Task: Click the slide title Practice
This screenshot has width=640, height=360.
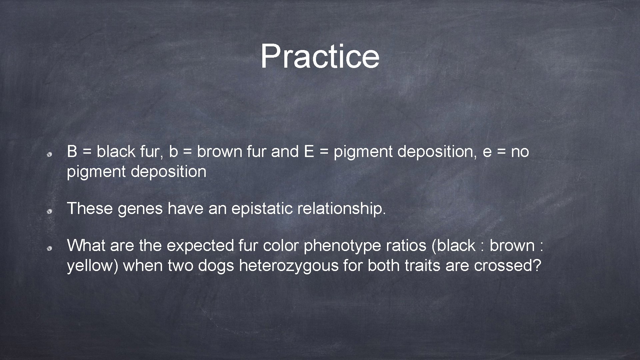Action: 320,56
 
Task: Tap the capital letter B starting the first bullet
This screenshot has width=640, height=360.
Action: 72,152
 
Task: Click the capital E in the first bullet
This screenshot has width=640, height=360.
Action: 309,152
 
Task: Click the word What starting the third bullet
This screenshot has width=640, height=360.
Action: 86,246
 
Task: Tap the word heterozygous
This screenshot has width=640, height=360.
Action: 289,266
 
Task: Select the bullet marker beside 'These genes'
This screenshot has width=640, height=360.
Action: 49,212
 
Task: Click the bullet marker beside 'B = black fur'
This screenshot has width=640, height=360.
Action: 49,155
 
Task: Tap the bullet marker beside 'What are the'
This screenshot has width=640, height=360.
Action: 49,249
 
